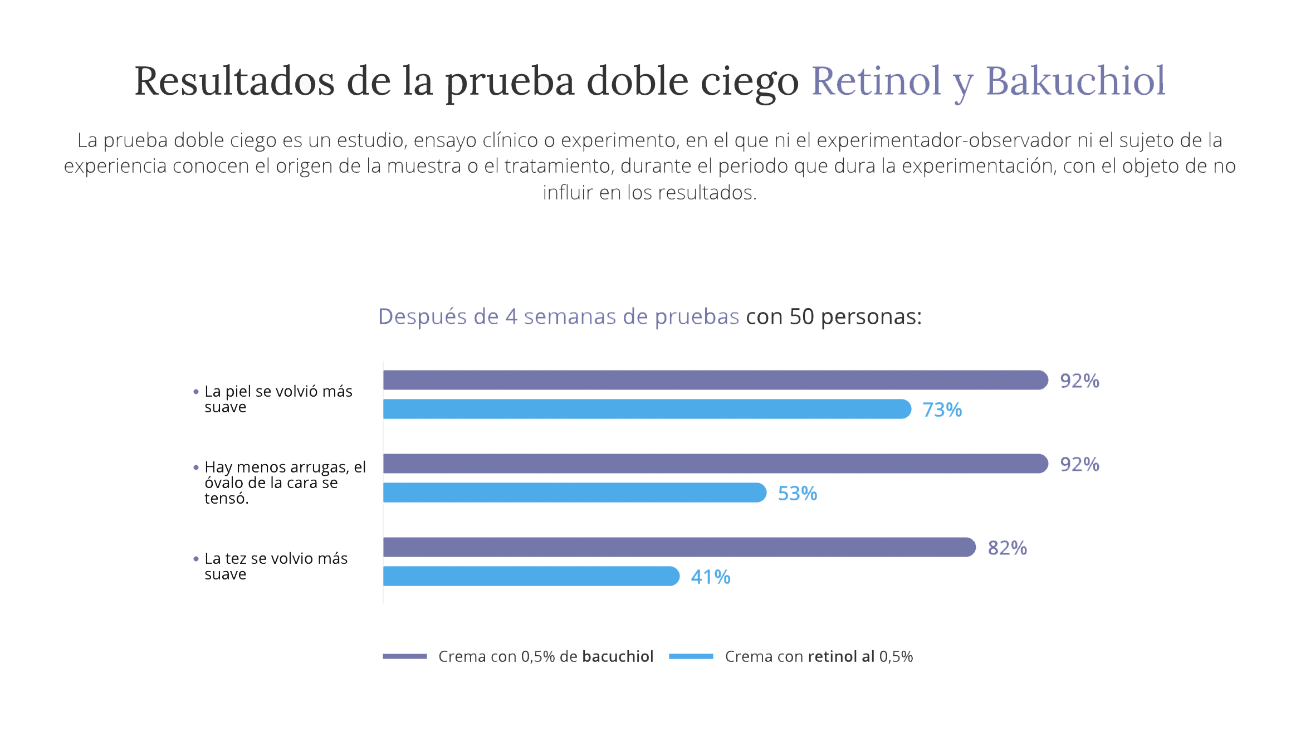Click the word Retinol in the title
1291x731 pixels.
pyautogui.click(x=876, y=81)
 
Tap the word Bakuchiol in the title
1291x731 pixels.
pyautogui.click(x=1075, y=81)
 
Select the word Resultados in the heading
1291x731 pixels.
pyautogui.click(x=234, y=81)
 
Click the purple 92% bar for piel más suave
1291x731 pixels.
pyautogui.click(x=715, y=380)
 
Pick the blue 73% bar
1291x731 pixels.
pyautogui.click(x=646, y=409)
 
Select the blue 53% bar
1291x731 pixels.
pyautogui.click(x=574, y=493)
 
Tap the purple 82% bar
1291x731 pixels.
pyautogui.click(x=678, y=547)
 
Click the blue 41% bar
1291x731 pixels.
pyautogui.click(x=530, y=576)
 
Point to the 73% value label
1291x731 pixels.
pyautogui.click(x=942, y=410)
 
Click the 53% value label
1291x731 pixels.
pyautogui.click(x=797, y=494)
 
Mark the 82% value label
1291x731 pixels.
pyautogui.click(x=1007, y=548)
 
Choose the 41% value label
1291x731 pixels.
pyautogui.click(x=710, y=577)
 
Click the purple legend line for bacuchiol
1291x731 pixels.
pyautogui.click(x=404, y=656)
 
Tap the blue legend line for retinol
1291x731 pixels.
pyautogui.click(x=691, y=656)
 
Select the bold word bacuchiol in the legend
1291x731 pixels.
pyautogui.click(x=617, y=656)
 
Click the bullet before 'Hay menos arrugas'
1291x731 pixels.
pyautogui.click(x=195, y=467)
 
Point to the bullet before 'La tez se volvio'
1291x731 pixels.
pyautogui.click(x=195, y=559)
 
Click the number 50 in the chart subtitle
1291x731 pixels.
pyautogui.click(x=801, y=316)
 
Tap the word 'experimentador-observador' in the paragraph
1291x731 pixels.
pyautogui.click(x=943, y=140)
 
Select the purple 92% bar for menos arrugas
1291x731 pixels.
pyautogui.click(x=715, y=464)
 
